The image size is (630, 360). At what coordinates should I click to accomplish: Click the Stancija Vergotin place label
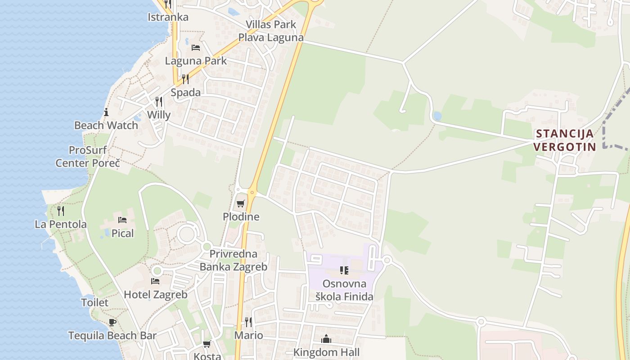[x=565, y=140]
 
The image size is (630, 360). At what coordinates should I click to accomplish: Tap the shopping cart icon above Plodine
[x=241, y=203]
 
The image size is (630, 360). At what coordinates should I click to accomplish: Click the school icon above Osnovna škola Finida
[x=344, y=270]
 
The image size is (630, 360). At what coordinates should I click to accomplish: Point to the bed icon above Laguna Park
[x=196, y=47]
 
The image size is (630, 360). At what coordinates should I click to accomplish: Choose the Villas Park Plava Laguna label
[x=271, y=31]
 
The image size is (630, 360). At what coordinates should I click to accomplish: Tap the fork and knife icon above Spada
[x=185, y=79]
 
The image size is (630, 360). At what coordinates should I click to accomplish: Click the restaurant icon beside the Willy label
[x=159, y=102]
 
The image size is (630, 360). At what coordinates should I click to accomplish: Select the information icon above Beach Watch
[x=106, y=112]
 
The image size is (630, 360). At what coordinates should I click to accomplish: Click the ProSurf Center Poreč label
[x=88, y=156]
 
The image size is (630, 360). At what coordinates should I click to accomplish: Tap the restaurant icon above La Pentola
[x=61, y=211]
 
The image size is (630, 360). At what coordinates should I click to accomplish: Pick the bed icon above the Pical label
[x=122, y=220]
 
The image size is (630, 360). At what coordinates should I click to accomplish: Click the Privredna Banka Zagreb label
[x=233, y=260]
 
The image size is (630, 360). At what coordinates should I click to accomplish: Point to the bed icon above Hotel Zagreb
[x=155, y=281]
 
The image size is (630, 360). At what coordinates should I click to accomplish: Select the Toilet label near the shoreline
[x=94, y=302]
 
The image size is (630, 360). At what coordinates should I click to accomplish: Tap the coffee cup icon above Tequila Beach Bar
[x=112, y=322]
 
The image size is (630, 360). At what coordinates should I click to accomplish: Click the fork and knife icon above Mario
[x=248, y=322]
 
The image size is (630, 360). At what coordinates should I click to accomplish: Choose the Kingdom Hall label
[x=326, y=352]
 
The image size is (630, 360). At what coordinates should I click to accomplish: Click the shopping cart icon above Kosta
[x=207, y=344]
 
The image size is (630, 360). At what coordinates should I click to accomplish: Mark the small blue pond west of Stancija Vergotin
[x=437, y=116]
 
